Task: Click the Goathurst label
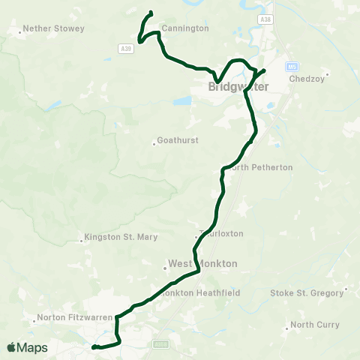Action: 178,140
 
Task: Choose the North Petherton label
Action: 262,167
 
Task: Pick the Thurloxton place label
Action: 222,233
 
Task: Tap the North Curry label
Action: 315,325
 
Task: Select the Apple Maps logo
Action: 27,347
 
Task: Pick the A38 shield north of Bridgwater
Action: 265,18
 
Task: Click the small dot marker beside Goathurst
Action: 154,140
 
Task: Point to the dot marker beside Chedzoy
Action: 327,74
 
